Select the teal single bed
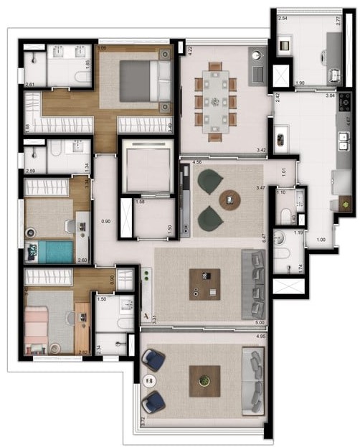click(50, 252)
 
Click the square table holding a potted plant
click(204, 381)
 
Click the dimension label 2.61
click(29, 85)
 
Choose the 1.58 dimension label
click(141, 202)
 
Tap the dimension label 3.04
click(330, 95)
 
